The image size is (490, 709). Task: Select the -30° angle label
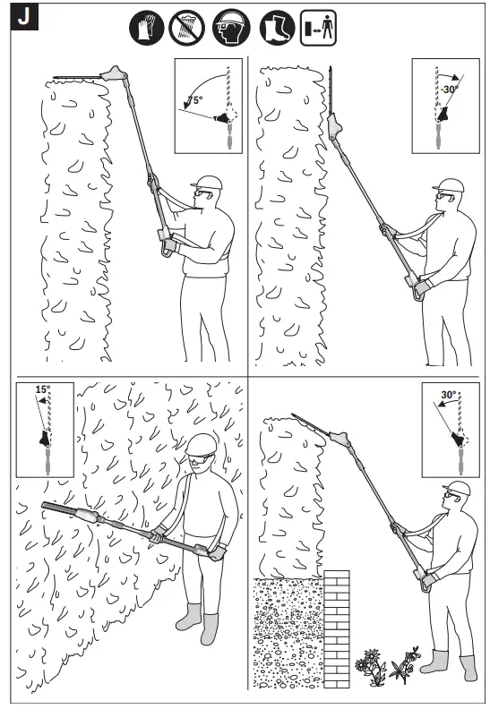[448, 89]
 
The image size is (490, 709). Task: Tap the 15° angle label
[43, 390]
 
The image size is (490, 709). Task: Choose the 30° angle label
[448, 394]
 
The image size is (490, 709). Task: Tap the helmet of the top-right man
[451, 185]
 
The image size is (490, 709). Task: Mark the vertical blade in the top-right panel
[331, 90]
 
